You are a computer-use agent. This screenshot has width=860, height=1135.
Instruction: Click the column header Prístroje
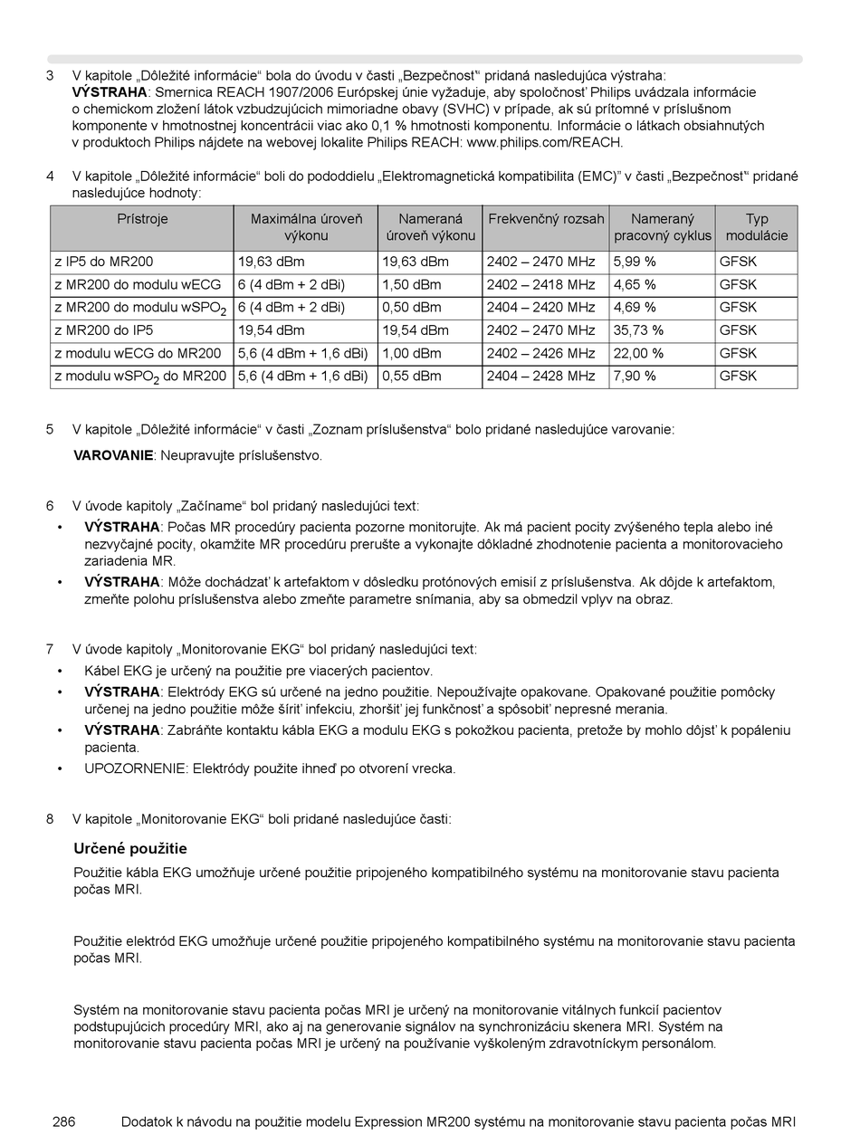(142, 219)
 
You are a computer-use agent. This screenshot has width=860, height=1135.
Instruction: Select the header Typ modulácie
(756, 227)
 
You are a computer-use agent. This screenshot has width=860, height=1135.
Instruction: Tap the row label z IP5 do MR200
(103, 262)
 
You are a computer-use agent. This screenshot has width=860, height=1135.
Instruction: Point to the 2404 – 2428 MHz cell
(540, 376)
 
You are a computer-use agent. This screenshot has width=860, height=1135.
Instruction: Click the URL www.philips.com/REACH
(544, 142)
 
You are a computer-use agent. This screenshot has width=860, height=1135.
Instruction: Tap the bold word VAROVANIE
(113, 455)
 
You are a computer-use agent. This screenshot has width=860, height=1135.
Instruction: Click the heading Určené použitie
(129, 848)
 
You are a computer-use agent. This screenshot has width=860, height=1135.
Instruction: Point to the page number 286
(63, 1121)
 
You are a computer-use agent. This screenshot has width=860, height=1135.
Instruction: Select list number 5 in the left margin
(50, 429)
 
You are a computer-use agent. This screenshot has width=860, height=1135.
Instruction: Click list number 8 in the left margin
(50, 819)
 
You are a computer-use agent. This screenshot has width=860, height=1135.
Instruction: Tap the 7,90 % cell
(635, 376)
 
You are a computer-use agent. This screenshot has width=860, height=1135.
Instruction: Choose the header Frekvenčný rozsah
(546, 219)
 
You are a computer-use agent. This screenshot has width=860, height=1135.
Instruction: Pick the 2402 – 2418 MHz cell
(540, 284)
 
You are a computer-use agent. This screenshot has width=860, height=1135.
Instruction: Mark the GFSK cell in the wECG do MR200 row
(738, 353)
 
